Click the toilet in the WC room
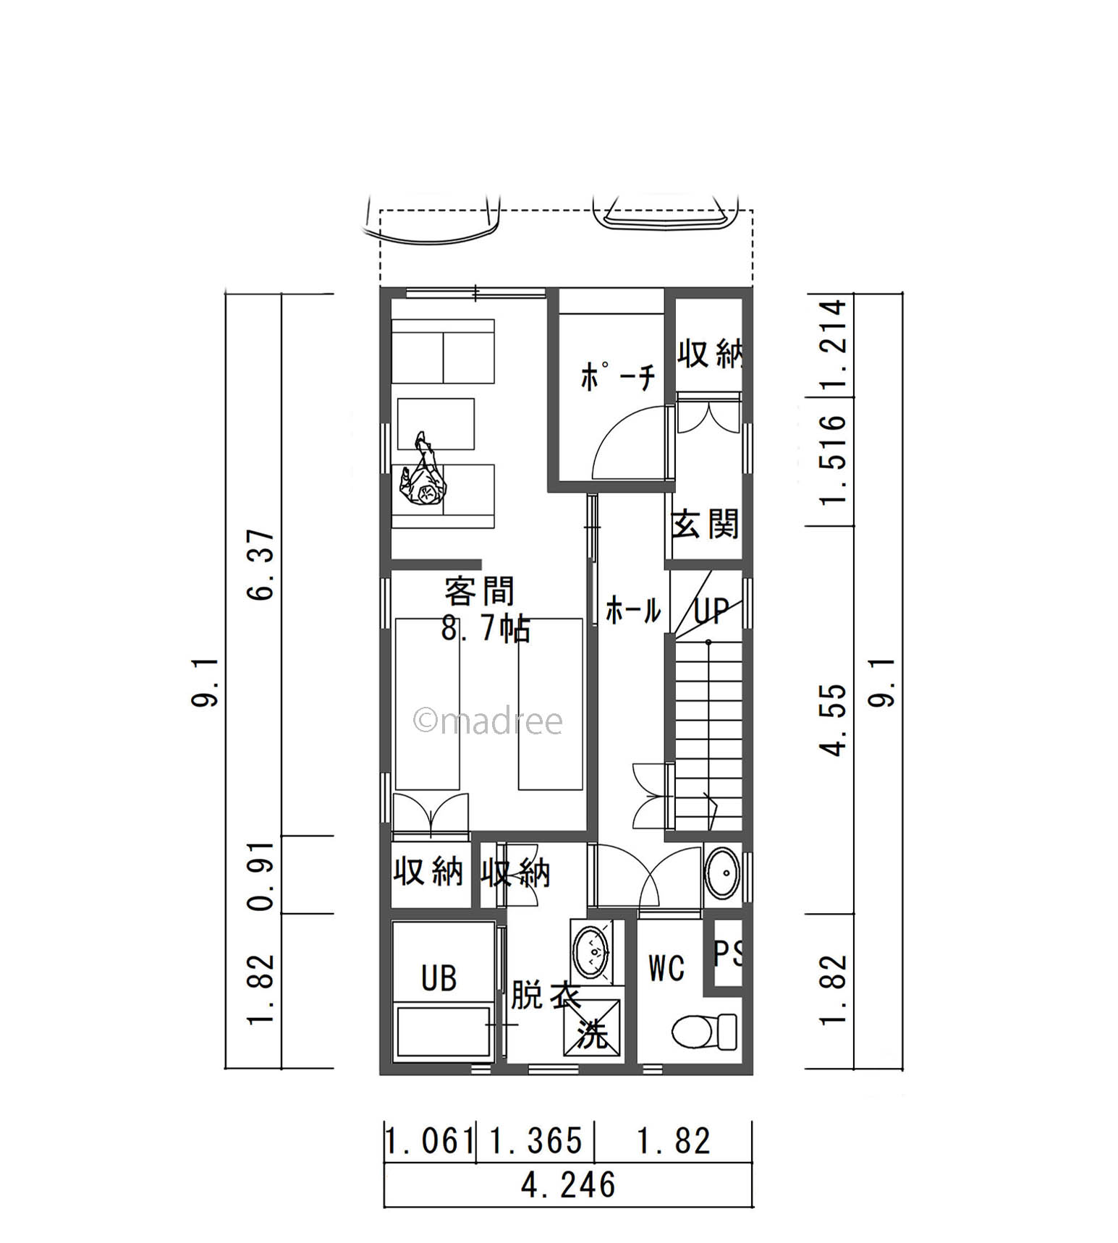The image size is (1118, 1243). tap(704, 1030)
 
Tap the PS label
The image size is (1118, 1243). tap(728, 953)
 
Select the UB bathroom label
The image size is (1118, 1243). tap(439, 978)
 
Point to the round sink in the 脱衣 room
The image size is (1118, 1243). tap(592, 953)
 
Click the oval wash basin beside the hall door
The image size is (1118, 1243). tap(721, 873)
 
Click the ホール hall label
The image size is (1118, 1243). tap(632, 611)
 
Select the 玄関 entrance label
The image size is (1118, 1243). tap(705, 524)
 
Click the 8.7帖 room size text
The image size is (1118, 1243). tap(486, 629)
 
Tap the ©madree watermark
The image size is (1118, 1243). tap(488, 721)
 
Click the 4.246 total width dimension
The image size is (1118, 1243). tap(568, 1185)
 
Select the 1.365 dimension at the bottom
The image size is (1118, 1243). tap(535, 1142)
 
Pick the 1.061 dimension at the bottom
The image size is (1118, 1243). tap(428, 1142)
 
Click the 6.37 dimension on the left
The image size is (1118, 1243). tap(262, 564)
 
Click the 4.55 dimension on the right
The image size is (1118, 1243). tap(834, 719)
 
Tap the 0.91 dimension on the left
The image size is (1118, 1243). tap(262, 875)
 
